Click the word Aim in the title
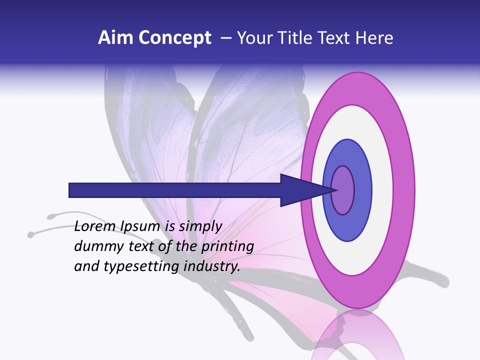click(114, 38)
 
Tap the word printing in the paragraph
click(226, 246)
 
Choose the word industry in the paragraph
click(212, 266)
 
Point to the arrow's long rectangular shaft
click(175, 190)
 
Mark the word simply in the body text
click(200, 226)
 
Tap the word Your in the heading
click(254, 38)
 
